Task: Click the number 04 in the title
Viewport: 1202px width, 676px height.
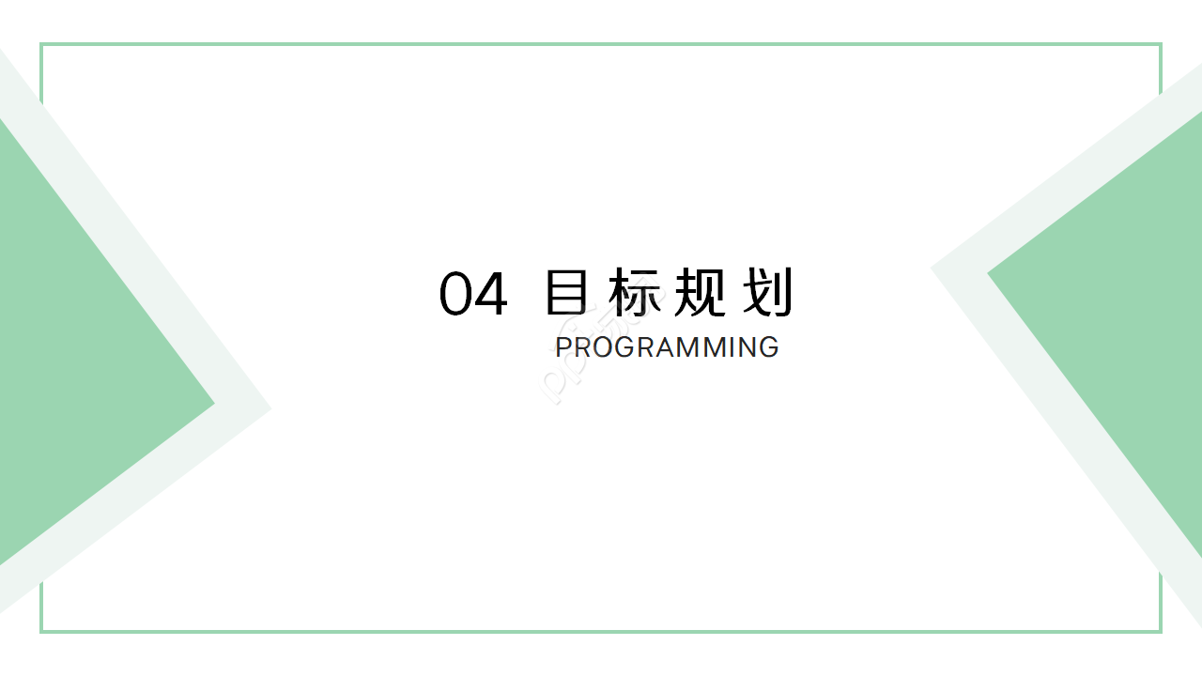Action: coord(473,293)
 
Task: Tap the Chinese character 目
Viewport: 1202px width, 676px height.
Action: coord(567,293)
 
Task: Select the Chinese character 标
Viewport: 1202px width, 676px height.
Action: coord(634,293)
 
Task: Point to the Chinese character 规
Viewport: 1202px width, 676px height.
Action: coord(700,293)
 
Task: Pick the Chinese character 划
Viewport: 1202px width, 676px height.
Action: coord(766,293)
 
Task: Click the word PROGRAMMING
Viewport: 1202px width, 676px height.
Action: coord(667,347)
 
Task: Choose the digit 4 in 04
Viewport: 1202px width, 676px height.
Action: coord(491,293)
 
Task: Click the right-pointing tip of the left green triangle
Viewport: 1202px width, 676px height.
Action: coord(212,404)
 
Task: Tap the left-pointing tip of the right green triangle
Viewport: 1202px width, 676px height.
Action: coord(990,273)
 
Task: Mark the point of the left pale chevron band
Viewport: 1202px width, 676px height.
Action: coord(270,408)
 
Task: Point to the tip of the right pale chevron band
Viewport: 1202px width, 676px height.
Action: coord(932,269)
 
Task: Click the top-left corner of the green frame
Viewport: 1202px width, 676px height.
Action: coord(41,44)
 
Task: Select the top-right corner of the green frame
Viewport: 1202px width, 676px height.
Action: coord(1161,44)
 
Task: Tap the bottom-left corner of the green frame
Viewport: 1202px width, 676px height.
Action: coord(41,631)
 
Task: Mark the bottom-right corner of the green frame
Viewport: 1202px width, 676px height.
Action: coord(1161,631)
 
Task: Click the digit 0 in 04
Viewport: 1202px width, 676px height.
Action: coord(455,293)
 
